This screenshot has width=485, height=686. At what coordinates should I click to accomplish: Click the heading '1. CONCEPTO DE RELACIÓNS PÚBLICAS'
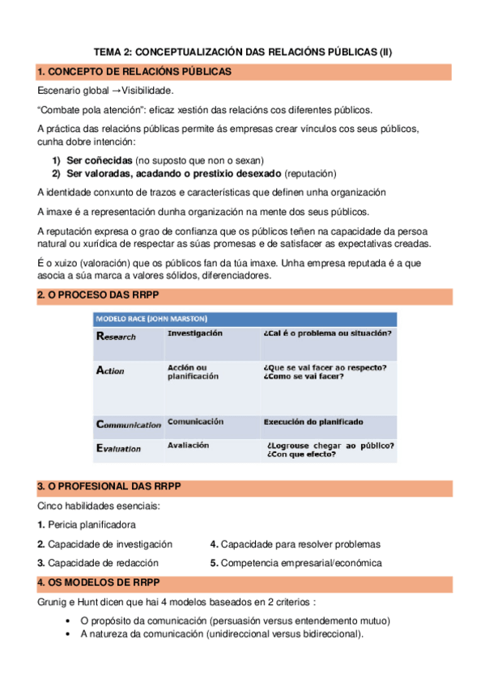pos(134,72)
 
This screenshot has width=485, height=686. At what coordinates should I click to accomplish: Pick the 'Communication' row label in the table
pos(129,424)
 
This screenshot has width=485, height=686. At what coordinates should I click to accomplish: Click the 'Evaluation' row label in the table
pos(118,448)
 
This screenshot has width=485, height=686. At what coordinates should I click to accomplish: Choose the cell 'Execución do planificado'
pos(313,422)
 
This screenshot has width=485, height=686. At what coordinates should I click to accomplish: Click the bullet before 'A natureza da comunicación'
pos(68,635)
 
